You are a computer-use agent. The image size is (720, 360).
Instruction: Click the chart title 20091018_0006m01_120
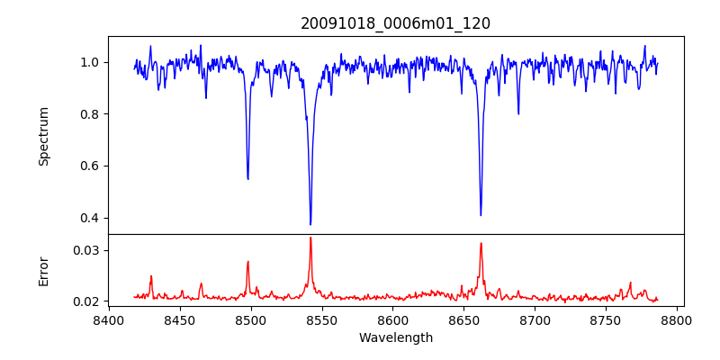point(395,23)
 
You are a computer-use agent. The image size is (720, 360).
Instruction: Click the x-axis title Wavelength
point(395,337)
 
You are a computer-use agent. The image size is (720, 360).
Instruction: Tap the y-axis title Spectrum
point(43,136)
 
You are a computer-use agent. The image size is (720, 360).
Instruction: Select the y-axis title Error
point(43,270)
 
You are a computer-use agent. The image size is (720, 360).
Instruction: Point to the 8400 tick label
point(109,319)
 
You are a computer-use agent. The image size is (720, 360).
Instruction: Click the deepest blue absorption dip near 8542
point(310,224)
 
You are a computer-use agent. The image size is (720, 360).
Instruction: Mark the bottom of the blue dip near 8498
point(247,178)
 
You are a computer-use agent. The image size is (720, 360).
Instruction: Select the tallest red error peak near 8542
point(310,238)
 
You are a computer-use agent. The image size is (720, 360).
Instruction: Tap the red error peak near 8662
point(481,243)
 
